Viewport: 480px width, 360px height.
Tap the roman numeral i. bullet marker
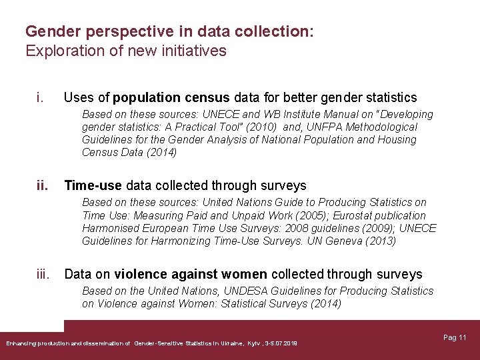tap(41, 98)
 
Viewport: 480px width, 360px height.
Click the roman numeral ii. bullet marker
tap(42, 185)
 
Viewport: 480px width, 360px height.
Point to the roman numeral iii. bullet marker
tap(44, 274)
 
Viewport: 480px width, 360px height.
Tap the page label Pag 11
tap(455, 338)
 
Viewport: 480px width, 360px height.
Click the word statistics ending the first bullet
tap(387, 98)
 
